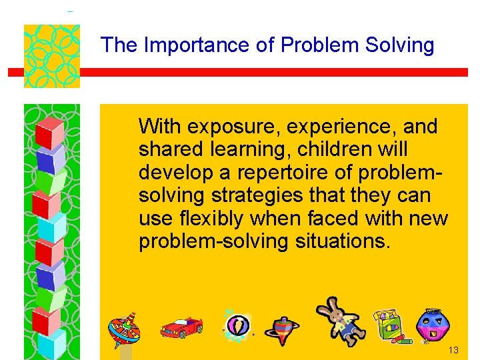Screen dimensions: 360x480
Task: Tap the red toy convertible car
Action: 181,327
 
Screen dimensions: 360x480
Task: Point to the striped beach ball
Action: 237,325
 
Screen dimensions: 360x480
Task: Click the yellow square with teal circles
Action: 52,56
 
